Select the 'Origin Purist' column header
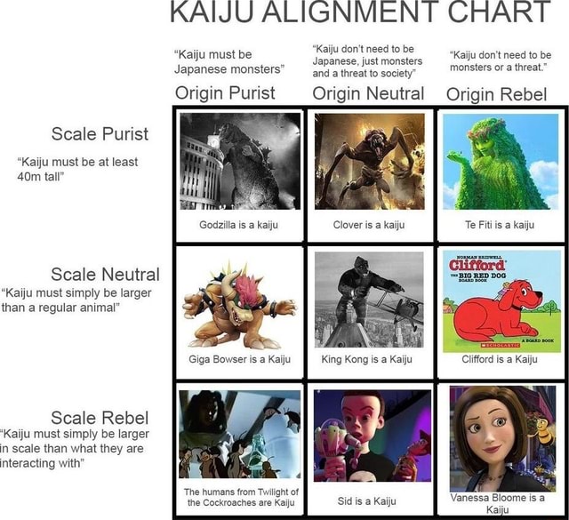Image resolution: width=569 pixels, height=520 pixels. (x=225, y=93)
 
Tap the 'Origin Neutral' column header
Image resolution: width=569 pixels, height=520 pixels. (x=368, y=93)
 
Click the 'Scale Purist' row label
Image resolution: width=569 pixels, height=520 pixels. (x=100, y=134)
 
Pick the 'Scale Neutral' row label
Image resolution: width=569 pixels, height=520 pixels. (x=105, y=274)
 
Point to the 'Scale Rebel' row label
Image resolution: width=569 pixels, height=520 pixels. (x=100, y=417)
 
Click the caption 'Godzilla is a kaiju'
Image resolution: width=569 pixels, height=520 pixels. (x=239, y=225)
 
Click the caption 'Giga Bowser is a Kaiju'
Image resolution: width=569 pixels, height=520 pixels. (x=239, y=360)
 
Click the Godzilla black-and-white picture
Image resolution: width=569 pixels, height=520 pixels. (x=239, y=161)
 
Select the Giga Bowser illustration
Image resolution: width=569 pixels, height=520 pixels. (x=238, y=302)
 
